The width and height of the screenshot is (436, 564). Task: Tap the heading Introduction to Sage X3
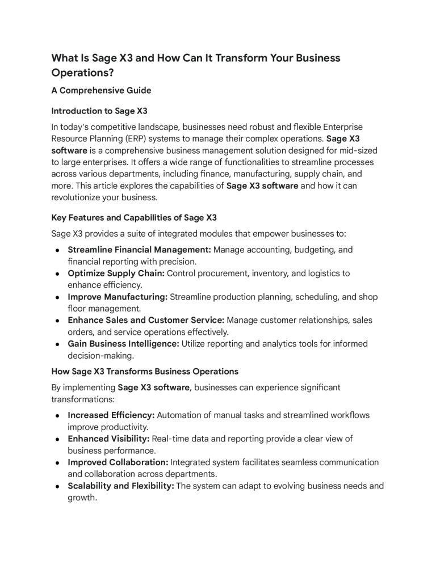[x=99, y=111]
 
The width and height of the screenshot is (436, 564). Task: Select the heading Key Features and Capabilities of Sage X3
[x=134, y=218]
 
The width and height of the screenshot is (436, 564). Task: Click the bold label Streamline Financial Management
[x=139, y=250]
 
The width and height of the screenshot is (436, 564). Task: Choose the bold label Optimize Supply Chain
[x=116, y=273]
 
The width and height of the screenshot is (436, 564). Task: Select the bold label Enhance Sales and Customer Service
[x=146, y=321]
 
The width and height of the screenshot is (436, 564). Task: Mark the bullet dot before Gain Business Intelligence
[x=58, y=344]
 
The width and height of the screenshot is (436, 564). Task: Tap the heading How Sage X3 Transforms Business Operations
[x=145, y=371]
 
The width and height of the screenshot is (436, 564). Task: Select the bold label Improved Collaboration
[x=118, y=462]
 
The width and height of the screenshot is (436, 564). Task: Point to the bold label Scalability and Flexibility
[x=121, y=486]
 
